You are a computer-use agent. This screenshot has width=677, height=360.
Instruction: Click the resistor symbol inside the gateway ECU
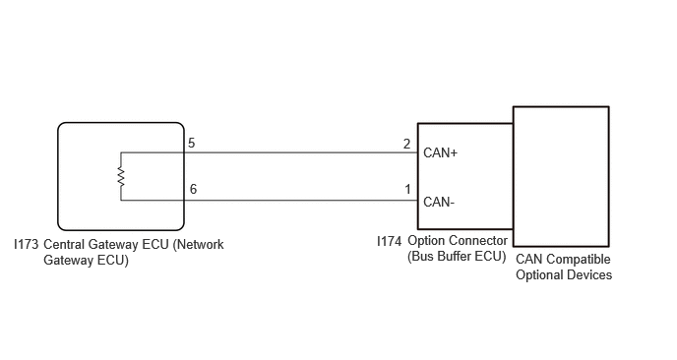[121, 177]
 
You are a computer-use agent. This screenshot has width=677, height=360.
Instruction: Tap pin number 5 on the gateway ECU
[191, 143]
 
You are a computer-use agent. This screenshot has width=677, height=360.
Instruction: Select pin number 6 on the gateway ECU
[193, 189]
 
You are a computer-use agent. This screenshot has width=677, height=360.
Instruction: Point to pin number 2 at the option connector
[406, 144]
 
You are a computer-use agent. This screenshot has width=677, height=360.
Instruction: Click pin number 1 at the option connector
[407, 189]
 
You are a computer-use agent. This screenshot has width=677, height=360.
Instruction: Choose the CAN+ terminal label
[440, 152]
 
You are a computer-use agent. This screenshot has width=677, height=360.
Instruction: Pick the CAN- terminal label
[439, 202]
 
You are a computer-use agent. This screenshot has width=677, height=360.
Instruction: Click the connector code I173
[27, 244]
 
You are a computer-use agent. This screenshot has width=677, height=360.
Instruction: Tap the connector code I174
[389, 241]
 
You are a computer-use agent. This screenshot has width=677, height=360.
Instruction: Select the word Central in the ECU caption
[64, 244]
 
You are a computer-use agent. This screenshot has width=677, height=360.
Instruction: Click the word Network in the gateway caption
[199, 244]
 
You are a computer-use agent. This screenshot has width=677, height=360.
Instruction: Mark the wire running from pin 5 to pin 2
[301, 152]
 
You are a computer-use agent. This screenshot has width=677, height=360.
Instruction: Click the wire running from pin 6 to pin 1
[301, 201]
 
